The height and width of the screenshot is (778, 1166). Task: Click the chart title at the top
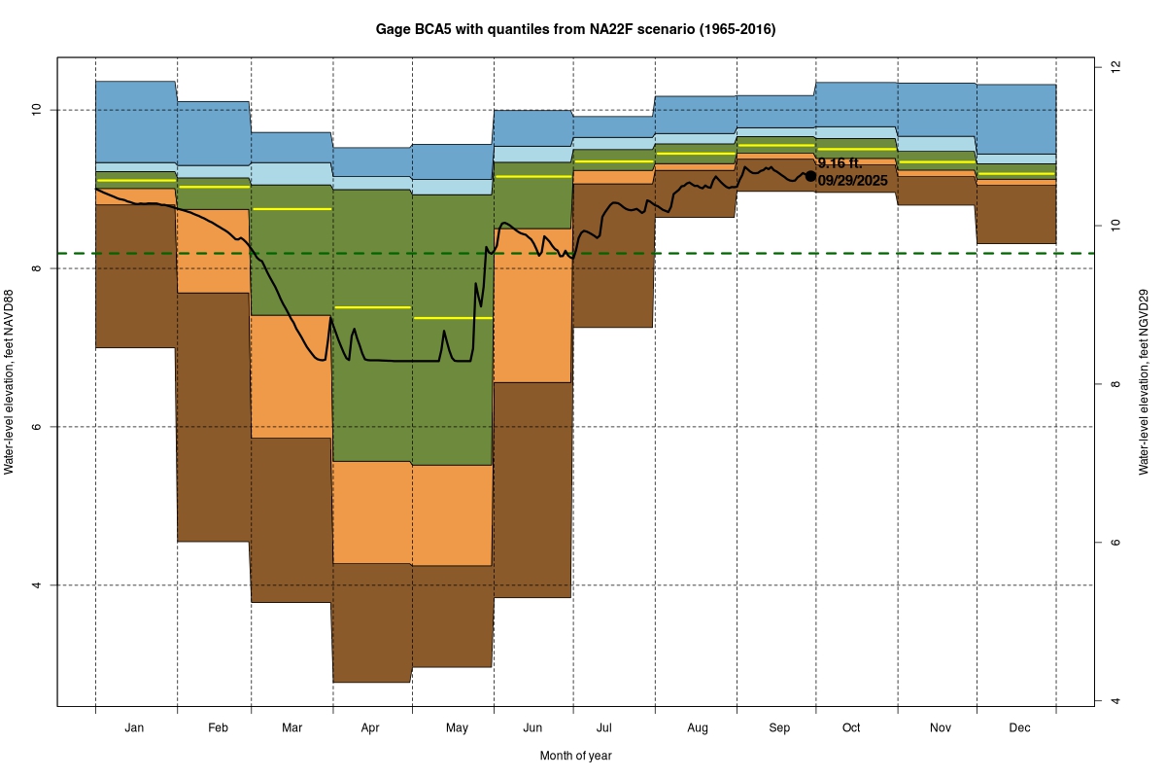(575, 30)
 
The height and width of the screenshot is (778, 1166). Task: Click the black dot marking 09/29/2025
(810, 176)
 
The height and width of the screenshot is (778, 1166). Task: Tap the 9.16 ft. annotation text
(840, 163)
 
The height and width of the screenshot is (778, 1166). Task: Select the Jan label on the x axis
(135, 727)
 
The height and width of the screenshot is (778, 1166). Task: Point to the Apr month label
(370, 727)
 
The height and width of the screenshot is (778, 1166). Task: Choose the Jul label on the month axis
(603, 727)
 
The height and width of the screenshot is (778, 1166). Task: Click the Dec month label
(1019, 727)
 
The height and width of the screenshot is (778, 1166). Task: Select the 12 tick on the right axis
(1115, 66)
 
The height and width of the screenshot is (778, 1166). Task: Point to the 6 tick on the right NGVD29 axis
(1115, 543)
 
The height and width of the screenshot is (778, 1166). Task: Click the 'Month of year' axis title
(575, 756)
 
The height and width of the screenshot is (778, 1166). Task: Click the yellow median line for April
(372, 306)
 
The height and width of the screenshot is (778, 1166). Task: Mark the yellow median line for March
(291, 209)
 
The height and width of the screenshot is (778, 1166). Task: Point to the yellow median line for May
(453, 318)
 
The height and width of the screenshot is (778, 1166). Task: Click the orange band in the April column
(372, 512)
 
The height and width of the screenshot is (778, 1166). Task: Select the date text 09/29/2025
(852, 181)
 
